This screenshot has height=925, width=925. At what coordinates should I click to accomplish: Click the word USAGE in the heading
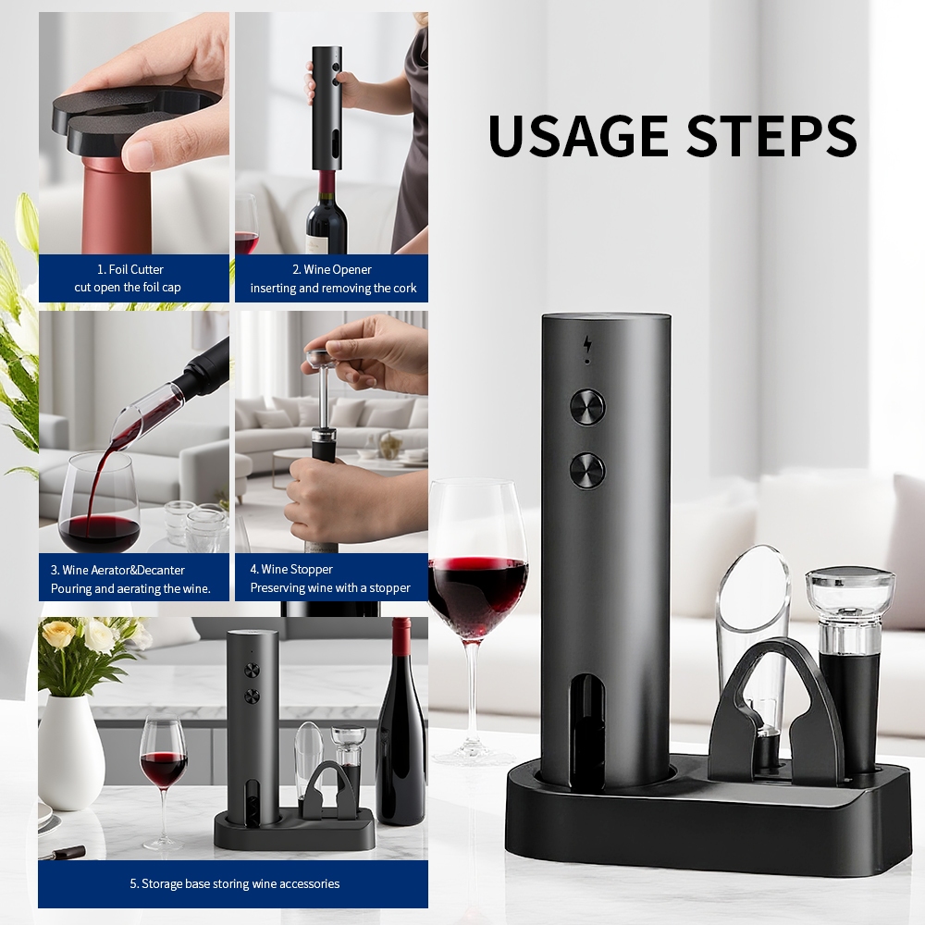click(578, 136)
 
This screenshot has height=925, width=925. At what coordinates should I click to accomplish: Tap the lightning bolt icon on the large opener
click(587, 344)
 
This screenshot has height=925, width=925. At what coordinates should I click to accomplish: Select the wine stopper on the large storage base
click(849, 667)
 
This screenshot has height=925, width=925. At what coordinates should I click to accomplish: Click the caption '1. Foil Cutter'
click(130, 269)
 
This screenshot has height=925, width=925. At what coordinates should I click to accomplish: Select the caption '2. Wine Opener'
click(332, 269)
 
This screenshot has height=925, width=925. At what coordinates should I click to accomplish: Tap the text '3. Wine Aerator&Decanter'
click(117, 570)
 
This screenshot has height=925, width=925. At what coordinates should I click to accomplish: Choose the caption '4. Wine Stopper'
click(291, 569)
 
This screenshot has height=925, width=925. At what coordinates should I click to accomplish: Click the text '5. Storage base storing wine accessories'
click(235, 883)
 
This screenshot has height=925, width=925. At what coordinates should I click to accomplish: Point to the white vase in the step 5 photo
click(71, 752)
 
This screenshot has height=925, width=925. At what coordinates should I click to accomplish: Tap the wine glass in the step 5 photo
click(164, 779)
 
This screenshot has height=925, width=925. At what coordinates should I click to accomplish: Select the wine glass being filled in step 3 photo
click(99, 502)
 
